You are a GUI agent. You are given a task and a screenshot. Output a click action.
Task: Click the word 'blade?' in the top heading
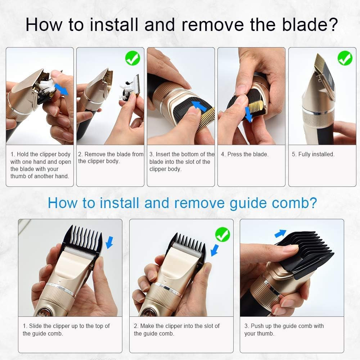click(x=310, y=25)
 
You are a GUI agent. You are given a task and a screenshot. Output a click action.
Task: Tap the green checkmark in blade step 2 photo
click(x=133, y=58)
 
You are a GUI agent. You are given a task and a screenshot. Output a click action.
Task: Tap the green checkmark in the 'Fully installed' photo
click(x=345, y=58)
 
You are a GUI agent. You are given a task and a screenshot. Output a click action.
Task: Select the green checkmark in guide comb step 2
click(x=222, y=234)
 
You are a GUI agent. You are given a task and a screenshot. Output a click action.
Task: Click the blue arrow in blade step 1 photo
click(x=61, y=89)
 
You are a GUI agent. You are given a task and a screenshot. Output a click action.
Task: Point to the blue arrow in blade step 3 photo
click(x=199, y=106)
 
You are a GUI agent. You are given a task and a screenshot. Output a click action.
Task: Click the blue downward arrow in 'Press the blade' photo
click(x=248, y=114)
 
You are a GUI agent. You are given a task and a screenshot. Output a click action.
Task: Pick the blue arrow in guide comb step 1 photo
click(x=109, y=242)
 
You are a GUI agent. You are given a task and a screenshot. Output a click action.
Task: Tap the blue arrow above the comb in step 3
click(x=280, y=234)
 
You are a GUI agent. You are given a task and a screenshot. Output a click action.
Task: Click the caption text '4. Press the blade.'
click(x=244, y=154)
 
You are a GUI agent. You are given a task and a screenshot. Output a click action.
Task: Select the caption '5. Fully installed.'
click(x=313, y=154)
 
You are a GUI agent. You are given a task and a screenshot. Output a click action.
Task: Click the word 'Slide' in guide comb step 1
click(x=35, y=326)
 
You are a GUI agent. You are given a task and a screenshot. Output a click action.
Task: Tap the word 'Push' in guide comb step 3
click(x=258, y=326)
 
